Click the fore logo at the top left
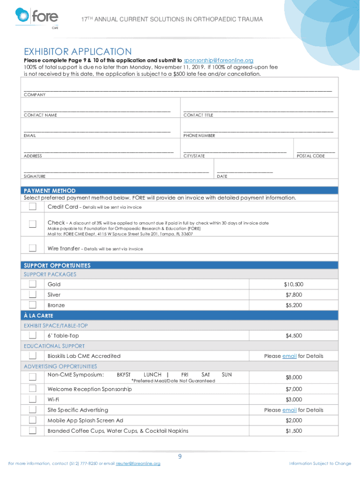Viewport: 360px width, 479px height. [x=37, y=17]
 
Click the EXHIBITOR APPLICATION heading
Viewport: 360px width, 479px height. [x=78, y=51]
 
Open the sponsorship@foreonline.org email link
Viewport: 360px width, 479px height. [x=218, y=60]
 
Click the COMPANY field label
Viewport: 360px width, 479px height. [x=35, y=95]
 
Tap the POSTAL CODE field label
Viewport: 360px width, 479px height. [x=310, y=156]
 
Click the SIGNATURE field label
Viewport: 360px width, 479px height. [x=35, y=176]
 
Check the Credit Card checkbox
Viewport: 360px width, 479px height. [x=33, y=207]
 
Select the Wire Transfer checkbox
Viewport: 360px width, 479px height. [x=33, y=248]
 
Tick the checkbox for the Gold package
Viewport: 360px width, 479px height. [x=33, y=284]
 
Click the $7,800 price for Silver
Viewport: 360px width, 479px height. [x=294, y=295]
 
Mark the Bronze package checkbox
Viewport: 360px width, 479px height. [x=33, y=305]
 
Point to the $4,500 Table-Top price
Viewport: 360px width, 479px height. [x=294, y=336]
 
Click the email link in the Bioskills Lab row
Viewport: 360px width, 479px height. [x=289, y=356]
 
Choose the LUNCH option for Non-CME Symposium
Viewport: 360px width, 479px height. [x=152, y=375]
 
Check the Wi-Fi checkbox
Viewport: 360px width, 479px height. [x=33, y=399]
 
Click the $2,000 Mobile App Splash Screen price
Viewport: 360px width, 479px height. [x=294, y=421]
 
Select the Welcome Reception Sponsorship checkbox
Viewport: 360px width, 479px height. [x=33, y=389]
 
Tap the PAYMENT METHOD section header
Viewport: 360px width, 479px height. [x=50, y=191]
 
